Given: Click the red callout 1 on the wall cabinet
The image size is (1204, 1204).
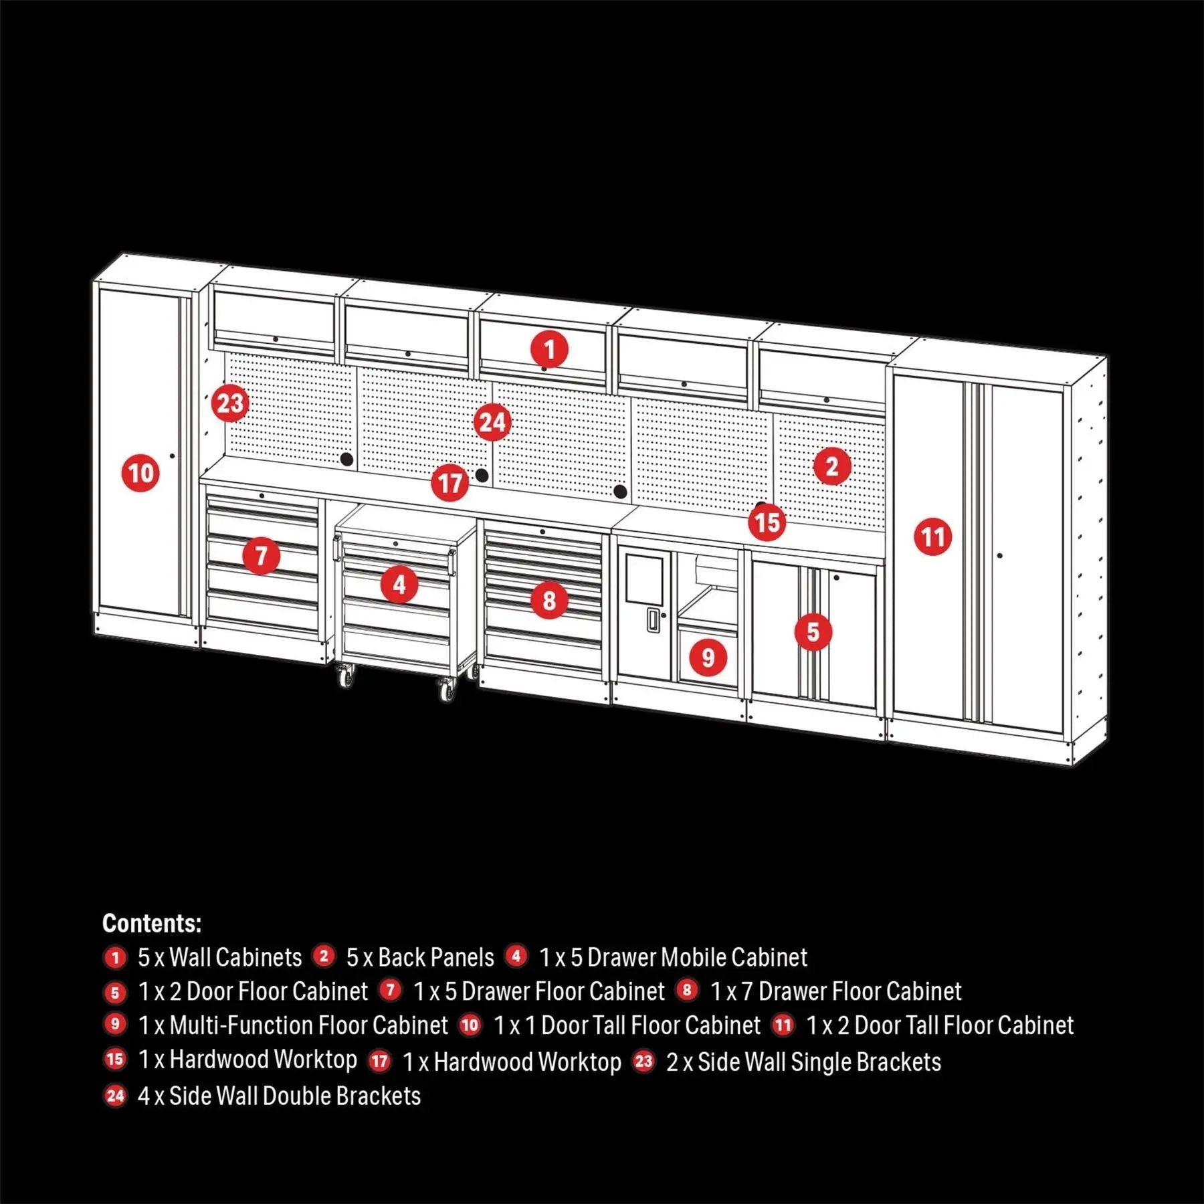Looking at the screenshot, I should tap(549, 349).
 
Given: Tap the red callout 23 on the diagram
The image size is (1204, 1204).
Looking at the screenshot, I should tap(230, 403).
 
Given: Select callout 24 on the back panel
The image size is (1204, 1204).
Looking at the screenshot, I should tap(492, 422).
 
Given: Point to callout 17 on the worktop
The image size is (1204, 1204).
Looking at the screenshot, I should tap(450, 483).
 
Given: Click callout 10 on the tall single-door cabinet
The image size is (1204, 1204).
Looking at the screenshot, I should tap(140, 473).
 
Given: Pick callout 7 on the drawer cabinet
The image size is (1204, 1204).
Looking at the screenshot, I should tap(261, 555).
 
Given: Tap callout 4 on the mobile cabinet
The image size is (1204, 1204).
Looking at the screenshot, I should tap(399, 585).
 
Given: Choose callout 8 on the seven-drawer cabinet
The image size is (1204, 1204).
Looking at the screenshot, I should tap(549, 600).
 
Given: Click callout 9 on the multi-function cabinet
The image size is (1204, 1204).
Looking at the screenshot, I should tap(708, 658).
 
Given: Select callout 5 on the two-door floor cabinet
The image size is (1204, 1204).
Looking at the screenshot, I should tap(813, 631).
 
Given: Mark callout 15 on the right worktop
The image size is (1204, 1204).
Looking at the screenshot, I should tap(767, 522).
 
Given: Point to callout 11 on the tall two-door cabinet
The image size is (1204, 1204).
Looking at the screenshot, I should tap(932, 536).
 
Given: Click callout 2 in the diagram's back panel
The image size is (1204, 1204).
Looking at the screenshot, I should tap(832, 466).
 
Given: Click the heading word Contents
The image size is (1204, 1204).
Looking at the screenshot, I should tap(152, 923).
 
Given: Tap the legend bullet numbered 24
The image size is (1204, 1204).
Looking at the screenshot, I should tap(115, 1096).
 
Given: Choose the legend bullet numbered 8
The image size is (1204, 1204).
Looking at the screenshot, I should tap(687, 990).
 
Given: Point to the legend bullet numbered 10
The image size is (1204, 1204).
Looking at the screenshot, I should tap(470, 1025).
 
